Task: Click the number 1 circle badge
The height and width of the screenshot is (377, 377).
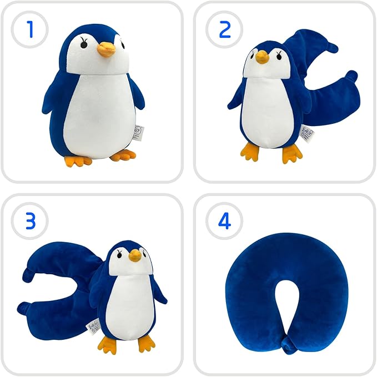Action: pos(30,29)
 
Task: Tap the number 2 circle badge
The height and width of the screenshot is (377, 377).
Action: pos(224,29)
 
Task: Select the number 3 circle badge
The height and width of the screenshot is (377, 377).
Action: pos(30,221)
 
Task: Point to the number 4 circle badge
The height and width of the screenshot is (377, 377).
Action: pos(224,221)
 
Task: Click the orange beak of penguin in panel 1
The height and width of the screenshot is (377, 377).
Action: pos(105,51)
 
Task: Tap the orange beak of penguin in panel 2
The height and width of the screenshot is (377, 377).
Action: pos(262,57)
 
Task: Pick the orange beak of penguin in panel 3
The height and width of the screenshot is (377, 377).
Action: pos(135,255)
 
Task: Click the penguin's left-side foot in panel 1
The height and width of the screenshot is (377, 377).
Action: pos(78,161)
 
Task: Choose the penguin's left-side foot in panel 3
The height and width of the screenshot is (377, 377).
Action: pos(107,344)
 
